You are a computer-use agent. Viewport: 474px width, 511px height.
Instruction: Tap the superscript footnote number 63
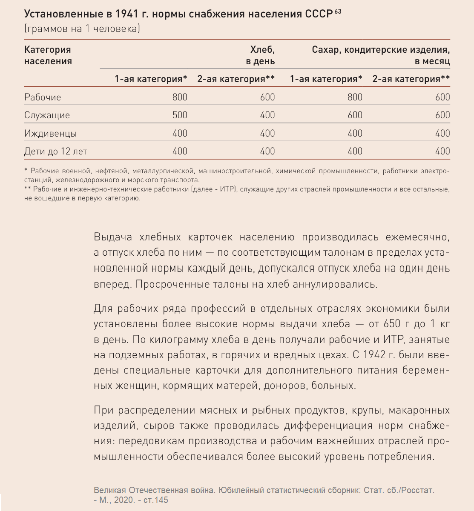click(337, 11)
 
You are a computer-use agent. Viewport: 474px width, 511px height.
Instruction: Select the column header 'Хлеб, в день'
click(260, 55)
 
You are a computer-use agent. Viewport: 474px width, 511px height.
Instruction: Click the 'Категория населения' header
click(48, 55)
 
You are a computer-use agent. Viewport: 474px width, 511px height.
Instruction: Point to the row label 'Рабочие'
click(43, 97)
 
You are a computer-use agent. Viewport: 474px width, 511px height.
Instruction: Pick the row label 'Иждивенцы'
click(50, 133)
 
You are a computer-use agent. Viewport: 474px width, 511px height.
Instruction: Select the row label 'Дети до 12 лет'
click(55, 151)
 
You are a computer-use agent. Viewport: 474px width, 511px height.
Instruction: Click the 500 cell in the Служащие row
click(180, 115)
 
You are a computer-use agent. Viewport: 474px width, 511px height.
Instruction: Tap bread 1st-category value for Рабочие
click(180, 97)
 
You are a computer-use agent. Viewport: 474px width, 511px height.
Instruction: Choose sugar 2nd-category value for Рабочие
click(442, 97)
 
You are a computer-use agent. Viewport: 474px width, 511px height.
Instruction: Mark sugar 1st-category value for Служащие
click(355, 115)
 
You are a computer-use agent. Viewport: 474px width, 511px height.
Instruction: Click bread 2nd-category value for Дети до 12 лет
click(267, 151)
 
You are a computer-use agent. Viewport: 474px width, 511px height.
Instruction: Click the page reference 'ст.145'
click(156, 500)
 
